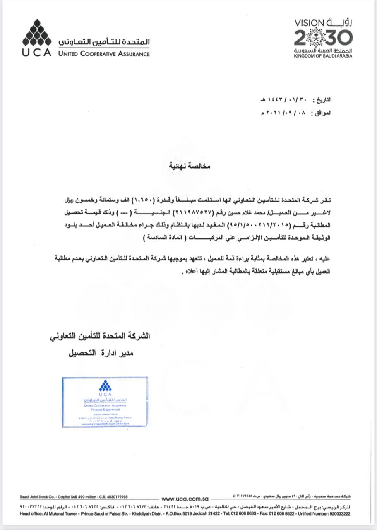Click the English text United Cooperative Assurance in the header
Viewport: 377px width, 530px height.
tap(104, 53)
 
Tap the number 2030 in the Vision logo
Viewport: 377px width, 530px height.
tap(323, 38)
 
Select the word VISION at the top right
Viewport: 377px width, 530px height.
tap(309, 23)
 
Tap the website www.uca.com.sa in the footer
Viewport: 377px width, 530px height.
tap(185, 499)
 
